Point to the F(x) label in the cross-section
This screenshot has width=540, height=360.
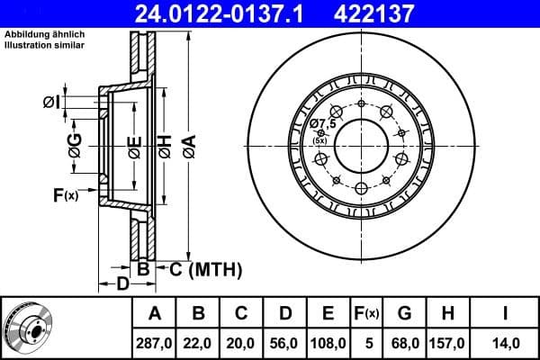(66, 194)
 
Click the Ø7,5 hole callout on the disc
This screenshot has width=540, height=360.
(321, 124)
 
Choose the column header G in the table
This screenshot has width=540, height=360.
(404, 314)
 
